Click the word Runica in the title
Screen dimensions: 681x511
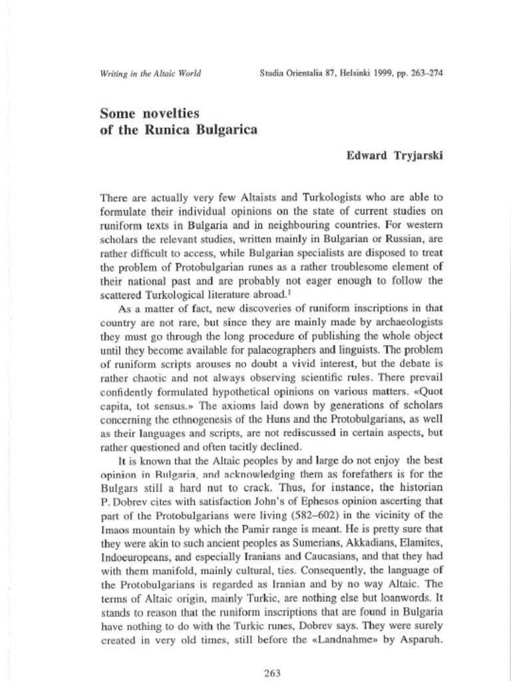(177, 130)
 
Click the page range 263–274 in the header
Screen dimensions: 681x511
(423, 72)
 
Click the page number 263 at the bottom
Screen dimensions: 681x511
(271, 673)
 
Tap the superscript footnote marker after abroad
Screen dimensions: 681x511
(291, 290)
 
